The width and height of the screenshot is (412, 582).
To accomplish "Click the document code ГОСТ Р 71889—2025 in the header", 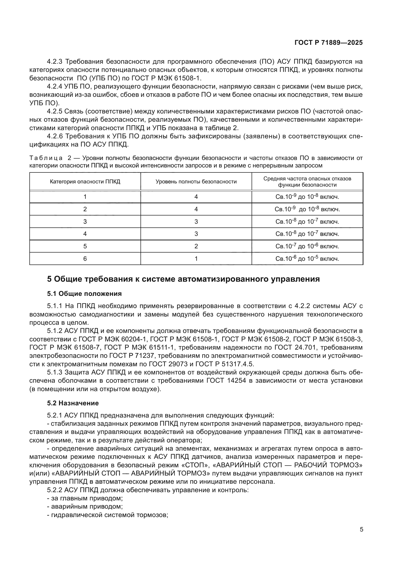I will click(x=329, y=43).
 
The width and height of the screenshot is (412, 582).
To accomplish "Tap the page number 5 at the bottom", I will click(x=361, y=529).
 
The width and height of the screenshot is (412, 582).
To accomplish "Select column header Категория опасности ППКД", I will click(x=85, y=181).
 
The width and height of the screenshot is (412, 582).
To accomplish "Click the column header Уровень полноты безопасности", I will click(x=196, y=181).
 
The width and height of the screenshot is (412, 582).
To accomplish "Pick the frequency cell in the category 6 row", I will click(x=307, y=259).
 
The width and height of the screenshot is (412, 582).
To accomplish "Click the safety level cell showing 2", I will click(x=196, y=246).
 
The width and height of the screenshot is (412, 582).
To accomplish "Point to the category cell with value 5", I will click(x=85, y=246).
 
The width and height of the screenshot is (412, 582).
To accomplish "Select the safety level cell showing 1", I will click(x=196, y=259).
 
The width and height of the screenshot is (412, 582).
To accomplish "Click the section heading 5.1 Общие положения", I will click(x=84, y=294).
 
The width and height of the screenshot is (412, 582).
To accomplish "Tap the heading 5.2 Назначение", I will click(x=73, y=403).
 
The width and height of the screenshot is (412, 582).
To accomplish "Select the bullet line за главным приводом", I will click(x=85, y=498).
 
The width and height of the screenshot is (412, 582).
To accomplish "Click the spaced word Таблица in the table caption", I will click(x=46, y=158).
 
